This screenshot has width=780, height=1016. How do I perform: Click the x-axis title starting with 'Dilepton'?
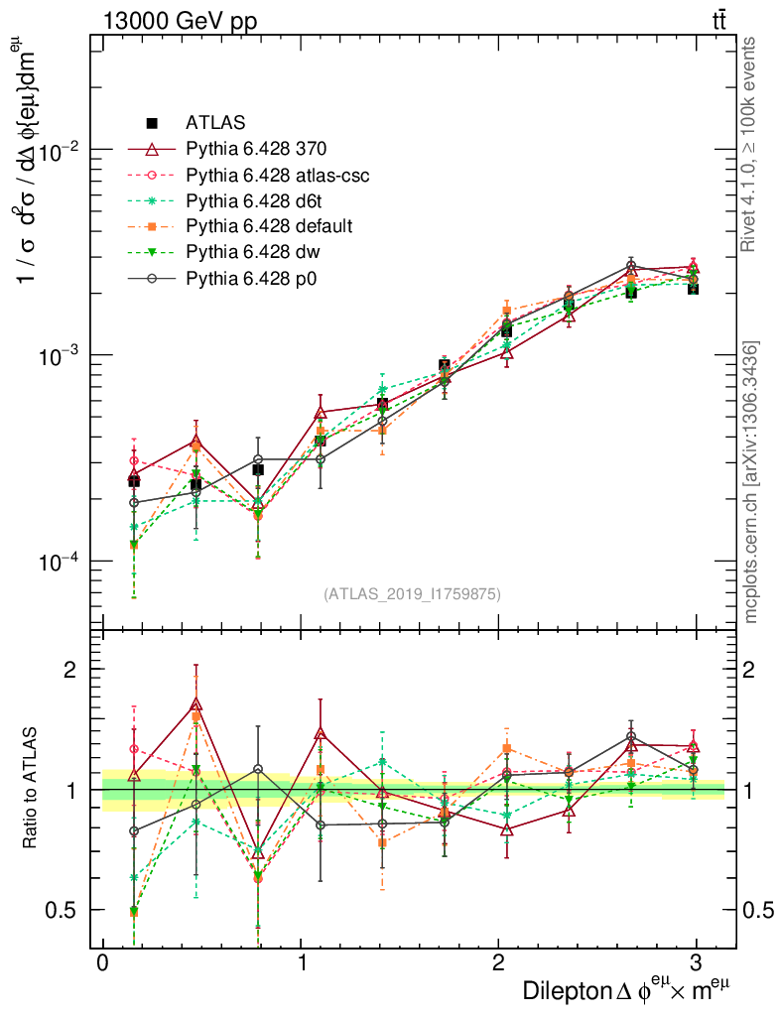point(627,990)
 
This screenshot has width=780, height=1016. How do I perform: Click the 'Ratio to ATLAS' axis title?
point(32,789)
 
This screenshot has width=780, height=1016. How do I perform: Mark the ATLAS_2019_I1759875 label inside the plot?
point(412,594)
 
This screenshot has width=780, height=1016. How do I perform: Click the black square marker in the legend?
point(152,123)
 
